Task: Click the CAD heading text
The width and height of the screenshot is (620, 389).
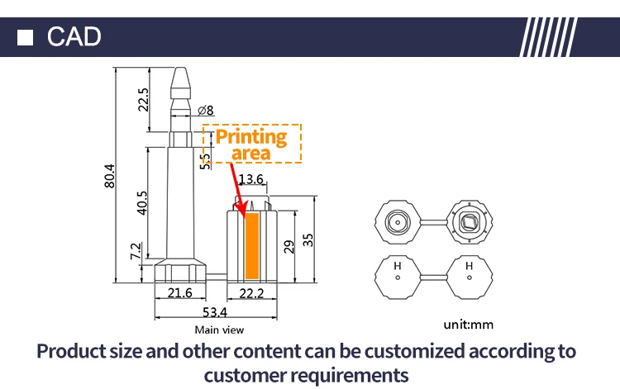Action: pyautogui.click(x=74, y=36)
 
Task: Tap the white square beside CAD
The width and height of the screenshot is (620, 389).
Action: pyautogui.click(x=26, y=37)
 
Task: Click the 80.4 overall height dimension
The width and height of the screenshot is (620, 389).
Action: pyautogui.click(x=109, y=176)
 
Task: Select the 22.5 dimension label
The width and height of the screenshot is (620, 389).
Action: pyautogui.click(x=143, y=100)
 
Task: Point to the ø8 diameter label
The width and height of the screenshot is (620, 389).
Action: pyautogui.click(x=206, y=111)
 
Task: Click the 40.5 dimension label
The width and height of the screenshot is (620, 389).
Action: pyautogui.click(x=142, y=203)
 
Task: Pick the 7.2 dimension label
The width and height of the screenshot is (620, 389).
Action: pyautogui.click(x=136, y=250)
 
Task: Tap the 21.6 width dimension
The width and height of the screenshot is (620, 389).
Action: pyautogui.click(x=179, y=293)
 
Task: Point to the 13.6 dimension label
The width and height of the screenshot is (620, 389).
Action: pyautogui.click(x=250, y=179)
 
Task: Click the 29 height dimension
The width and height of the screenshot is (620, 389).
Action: pyautogui.click(x=288, y=245)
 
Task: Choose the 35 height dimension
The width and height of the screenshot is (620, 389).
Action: pyautogui.click(x=308, y=240)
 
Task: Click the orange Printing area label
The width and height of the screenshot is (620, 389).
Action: pyautogui.click(x=251, y=144)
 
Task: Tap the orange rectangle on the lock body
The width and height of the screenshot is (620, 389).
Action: pyautogui.click(x=253, y=245)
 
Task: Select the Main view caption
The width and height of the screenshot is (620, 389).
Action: pyautogui.click(x=219, y=330)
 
